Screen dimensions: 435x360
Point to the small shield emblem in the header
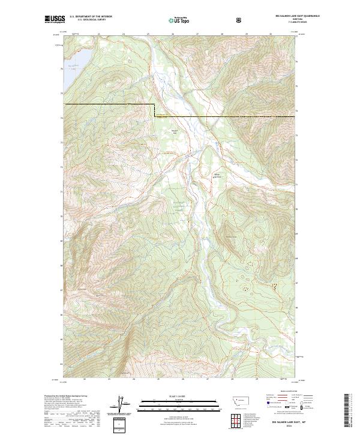tap(240, 19)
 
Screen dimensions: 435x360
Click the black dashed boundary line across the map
tap(108, 104)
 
